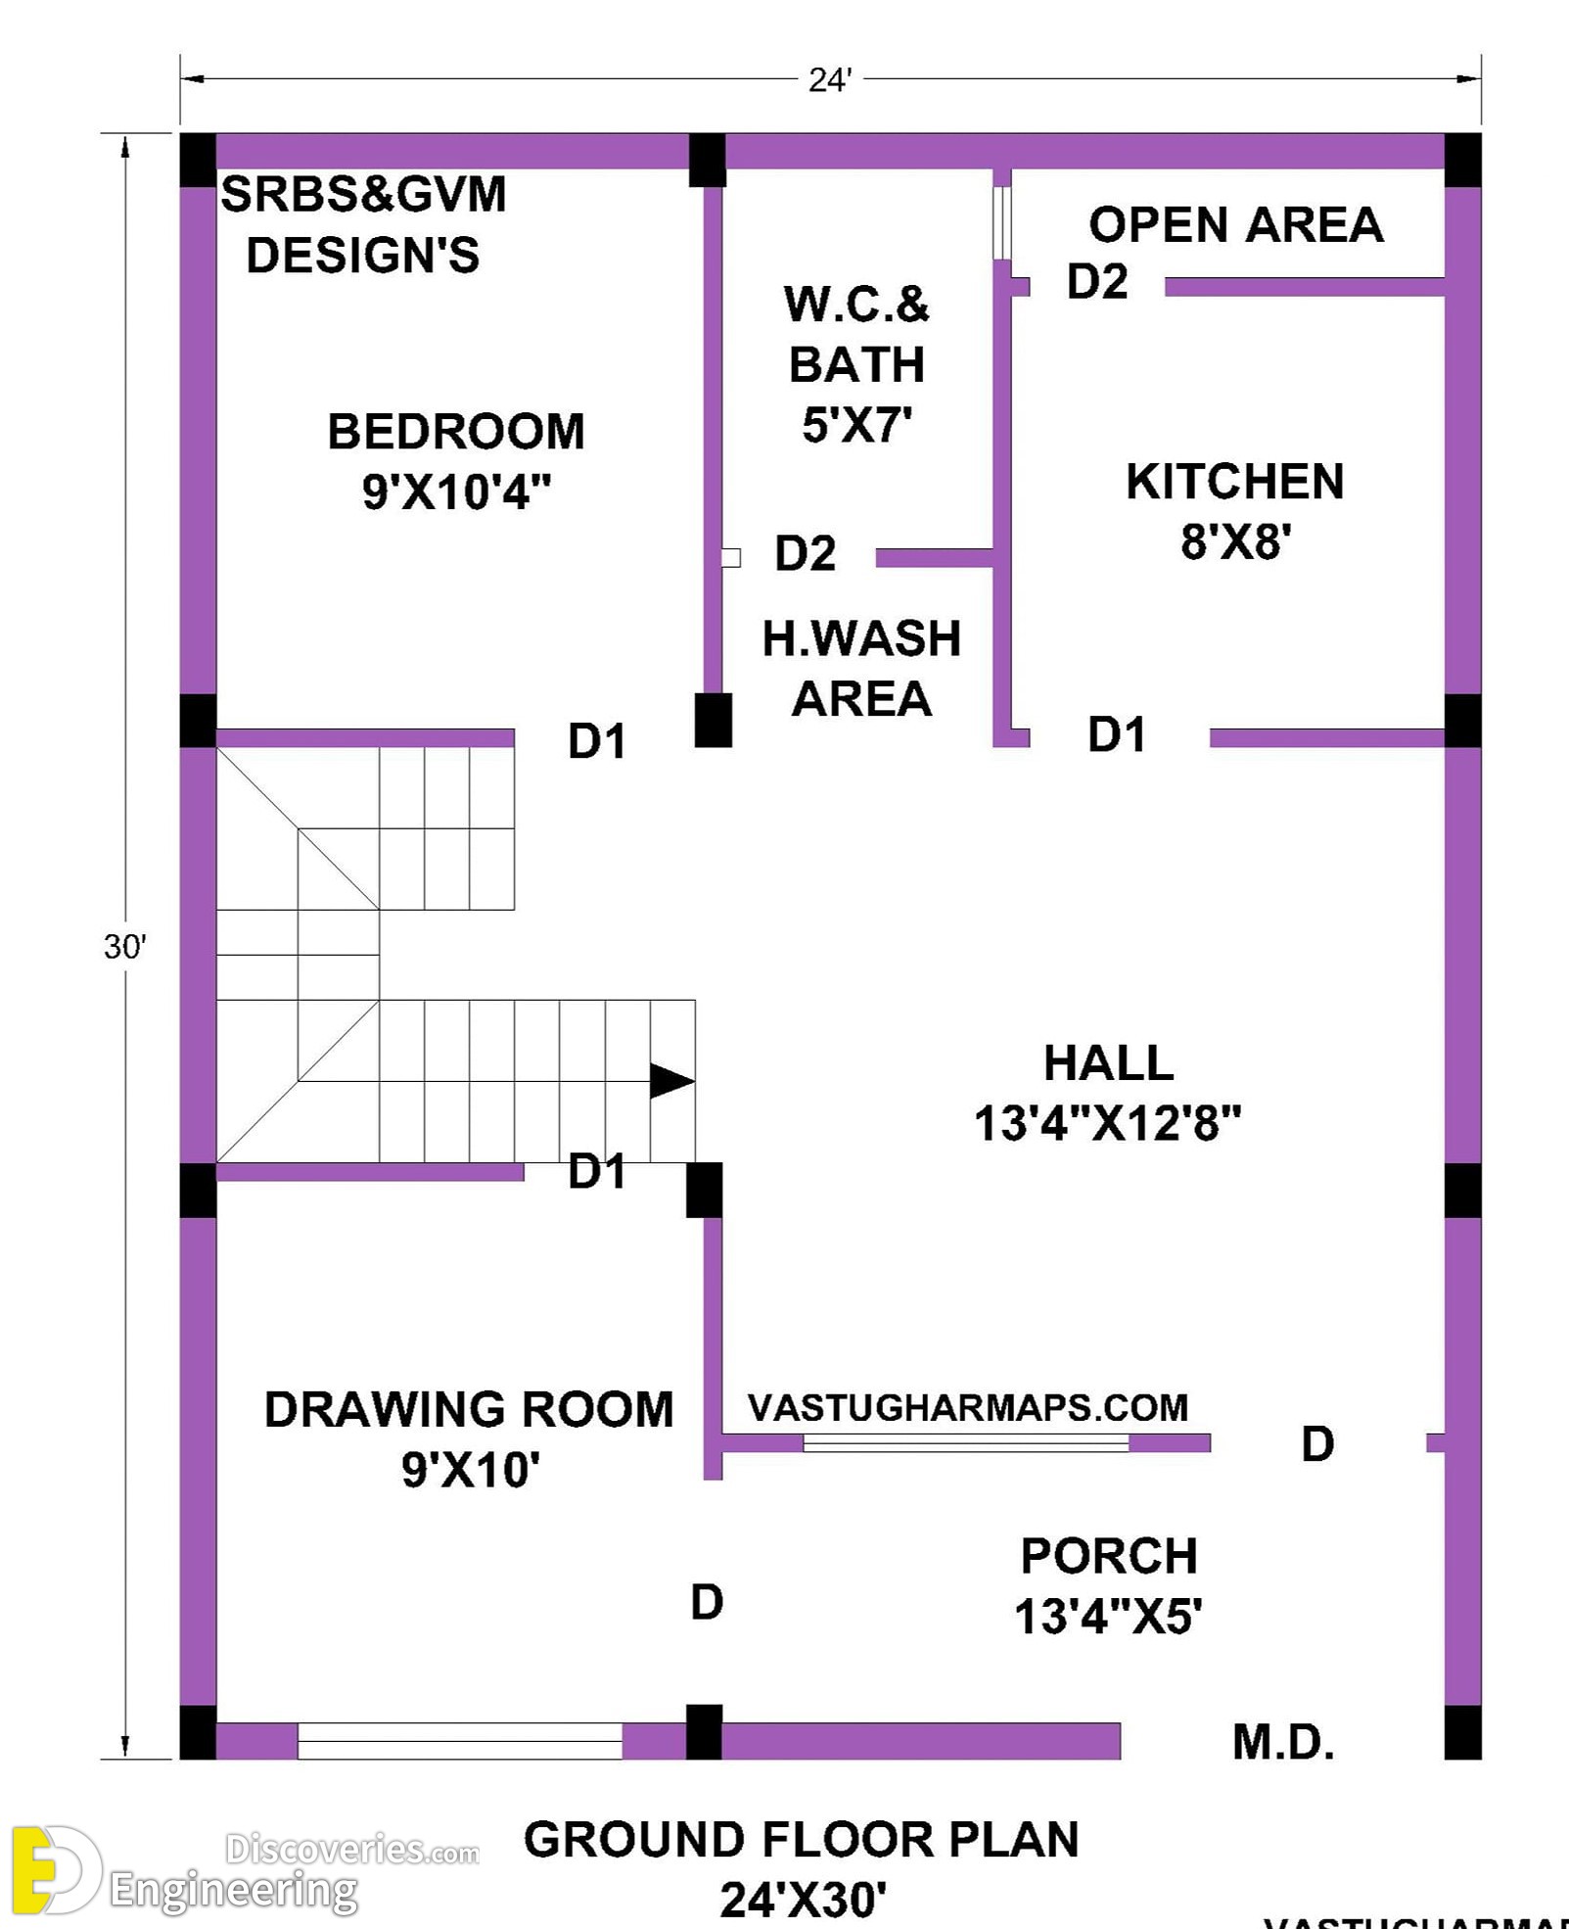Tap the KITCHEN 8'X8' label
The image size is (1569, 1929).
tap(1235, 511)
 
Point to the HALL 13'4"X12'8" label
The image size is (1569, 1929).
tap(1108, 1093)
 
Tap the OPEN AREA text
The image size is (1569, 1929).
tap(1236, 225)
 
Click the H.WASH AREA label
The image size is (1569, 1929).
tap(861, 669)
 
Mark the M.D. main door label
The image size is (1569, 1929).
tap(1283, 1743)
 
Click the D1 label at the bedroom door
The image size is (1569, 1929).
tap(597, 741)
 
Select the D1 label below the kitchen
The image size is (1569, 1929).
tap(1117, 734)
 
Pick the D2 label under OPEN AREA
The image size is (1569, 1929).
tap(1097, 282)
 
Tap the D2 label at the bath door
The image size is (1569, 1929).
tap(806, 553)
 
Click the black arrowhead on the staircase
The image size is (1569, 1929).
tap(672, 1081)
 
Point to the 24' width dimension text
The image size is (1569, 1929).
tap(830, 80)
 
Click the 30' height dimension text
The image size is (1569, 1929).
tap(125, 947)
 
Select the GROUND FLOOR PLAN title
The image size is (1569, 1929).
tap(802, 1840)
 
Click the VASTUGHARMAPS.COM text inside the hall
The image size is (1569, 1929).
tap(968, 1408)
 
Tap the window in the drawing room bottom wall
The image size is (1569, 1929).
tap(460, 1741)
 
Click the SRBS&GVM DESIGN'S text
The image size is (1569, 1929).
tap(363, 225)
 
